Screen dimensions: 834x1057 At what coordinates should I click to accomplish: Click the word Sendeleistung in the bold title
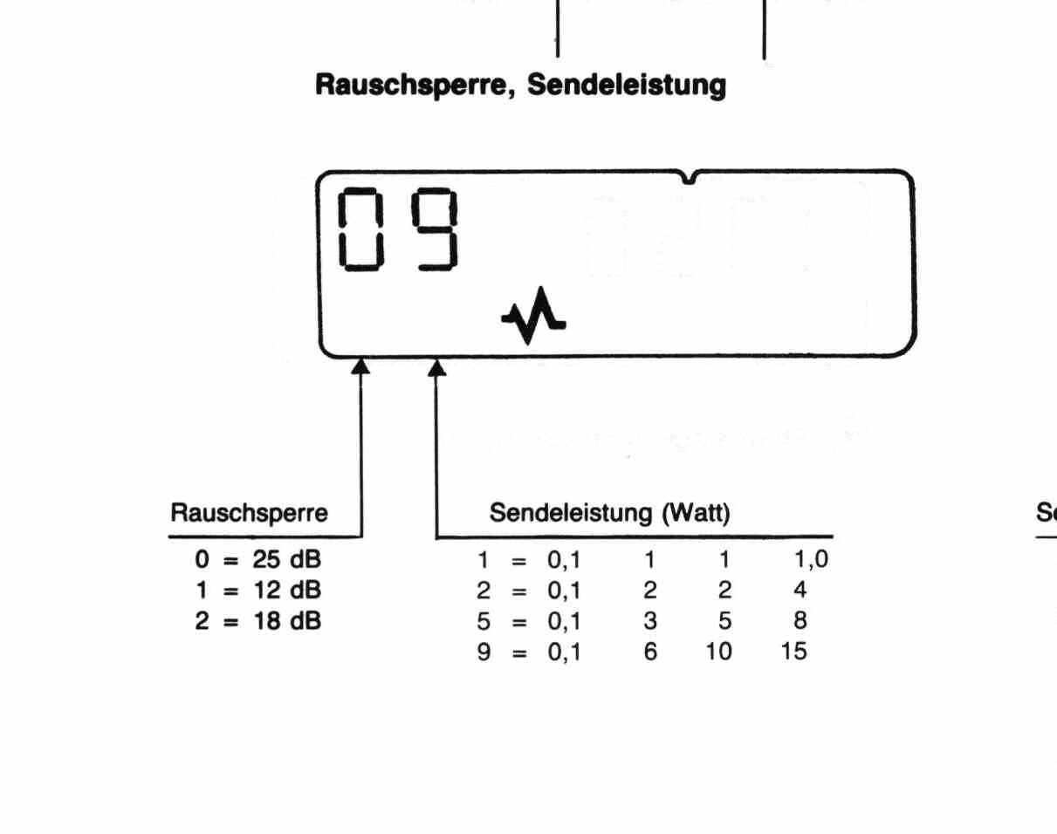click(x=628, y=85)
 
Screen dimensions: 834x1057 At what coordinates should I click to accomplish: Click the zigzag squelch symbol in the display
click(x=533, y=315)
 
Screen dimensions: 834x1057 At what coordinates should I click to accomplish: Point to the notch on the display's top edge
click(x=690, y=178)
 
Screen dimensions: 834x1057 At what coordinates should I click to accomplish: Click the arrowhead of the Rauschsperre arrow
click(x=360, y=366)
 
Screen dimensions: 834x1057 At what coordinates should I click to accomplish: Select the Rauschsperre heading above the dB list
click(x=250, y=514)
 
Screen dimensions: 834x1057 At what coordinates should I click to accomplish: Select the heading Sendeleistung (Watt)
click(x=609, y=514)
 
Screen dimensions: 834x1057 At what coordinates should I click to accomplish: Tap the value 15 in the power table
click(x=794, y=651)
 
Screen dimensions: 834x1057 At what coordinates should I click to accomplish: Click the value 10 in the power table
click(x=720, y=651)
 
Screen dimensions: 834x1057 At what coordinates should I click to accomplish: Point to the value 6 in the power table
click(x=650, y=651)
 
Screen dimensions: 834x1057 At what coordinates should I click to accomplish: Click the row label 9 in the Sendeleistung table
click(x=484, y=651)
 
